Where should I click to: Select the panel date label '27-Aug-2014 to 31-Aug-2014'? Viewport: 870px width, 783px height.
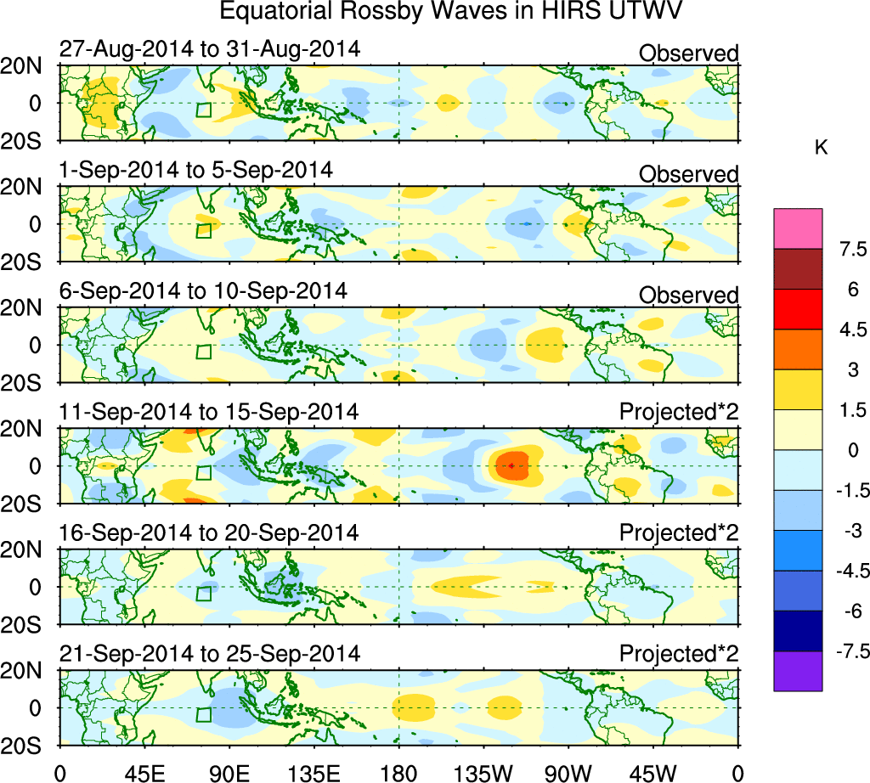pyautogui.click(x=209, y=49)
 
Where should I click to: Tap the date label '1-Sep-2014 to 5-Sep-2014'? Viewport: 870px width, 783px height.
pyautogui.click(x=195, y=170)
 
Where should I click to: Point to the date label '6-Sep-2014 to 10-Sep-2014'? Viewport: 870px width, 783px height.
pyautogui.click(x=203, y=290)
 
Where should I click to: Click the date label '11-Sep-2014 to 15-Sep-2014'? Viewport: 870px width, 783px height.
pyautogui.click(x=209, y=412)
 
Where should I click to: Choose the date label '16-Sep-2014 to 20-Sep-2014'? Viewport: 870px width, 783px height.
pyautogui.click(x=209, y=532)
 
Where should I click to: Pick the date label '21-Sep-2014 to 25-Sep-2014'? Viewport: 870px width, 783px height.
pyautogui.click(x=209, y=654)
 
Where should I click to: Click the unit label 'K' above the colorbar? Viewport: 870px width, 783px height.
pyautogui.click(x=821, y=148)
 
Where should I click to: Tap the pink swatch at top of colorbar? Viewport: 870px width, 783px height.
pyautogui.click(x=798, y=228)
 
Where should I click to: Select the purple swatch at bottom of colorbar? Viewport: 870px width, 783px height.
pyautogui.click(x=798, y=671)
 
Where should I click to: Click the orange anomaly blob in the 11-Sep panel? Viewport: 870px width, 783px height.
pyautogui.click(x=513, y=465)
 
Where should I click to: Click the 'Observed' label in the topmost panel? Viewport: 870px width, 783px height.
pyautogui.click(x=688, y=54)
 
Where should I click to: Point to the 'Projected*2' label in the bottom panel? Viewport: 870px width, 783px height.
pyautogui.click(x=679, y=654)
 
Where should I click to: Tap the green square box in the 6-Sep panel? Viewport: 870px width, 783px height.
pyautogui.click(x=203, y=352)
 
